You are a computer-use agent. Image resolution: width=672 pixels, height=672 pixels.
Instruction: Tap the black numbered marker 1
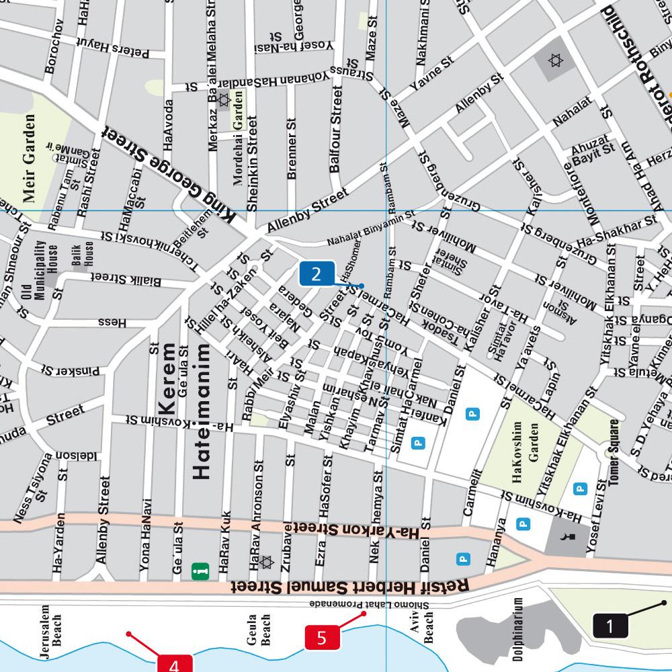610,626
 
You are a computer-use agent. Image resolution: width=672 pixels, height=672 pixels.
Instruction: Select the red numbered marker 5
322,637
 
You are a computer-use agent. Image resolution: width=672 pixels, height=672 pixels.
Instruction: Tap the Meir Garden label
29,158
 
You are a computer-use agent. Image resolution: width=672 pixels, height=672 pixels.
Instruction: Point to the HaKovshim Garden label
525,440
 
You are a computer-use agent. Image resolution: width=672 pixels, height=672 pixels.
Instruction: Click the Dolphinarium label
518,629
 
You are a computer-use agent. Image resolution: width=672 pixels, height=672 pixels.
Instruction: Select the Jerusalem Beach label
51,626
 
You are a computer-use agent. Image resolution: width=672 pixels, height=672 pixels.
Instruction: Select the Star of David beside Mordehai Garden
223,100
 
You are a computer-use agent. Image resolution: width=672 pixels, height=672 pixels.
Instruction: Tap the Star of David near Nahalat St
554,61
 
